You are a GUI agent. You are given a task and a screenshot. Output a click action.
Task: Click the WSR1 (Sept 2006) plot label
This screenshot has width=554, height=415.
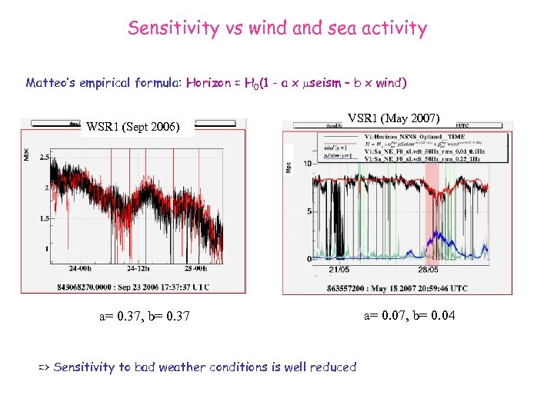pyautogui.click(x=134, y=127)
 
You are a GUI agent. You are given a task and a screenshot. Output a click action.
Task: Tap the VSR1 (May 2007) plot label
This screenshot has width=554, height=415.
pyautogui.click(x=393, y=118)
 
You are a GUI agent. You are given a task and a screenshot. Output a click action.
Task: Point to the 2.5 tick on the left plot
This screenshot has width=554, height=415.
pyautogui.click(x=44, y=158)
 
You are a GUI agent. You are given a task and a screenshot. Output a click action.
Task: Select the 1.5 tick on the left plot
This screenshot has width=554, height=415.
pyautogui.click(x=44, y=218)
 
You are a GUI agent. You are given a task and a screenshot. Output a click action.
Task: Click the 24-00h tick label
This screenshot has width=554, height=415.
pyautogui.click(x=80, y=269)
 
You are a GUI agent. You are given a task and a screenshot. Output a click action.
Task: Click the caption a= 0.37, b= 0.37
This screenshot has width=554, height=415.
pyautogui.click(x=145, y=316)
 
